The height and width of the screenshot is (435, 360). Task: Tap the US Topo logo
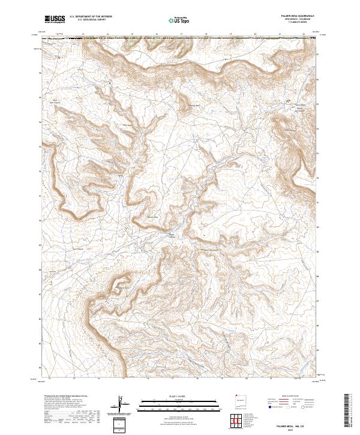(175, 20)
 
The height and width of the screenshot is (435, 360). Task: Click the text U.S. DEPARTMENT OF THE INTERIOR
(95, 17)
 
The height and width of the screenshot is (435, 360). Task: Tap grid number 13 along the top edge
(82, 34)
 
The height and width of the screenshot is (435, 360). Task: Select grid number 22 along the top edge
(305, 34)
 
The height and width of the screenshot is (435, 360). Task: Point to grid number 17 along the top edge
(181, 34)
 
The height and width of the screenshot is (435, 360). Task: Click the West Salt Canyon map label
(55, 101)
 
